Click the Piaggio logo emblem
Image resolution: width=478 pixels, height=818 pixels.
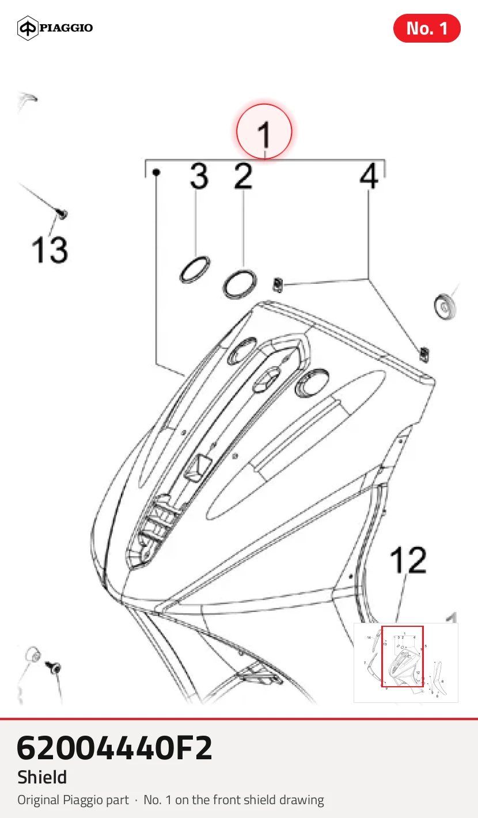point(28,28)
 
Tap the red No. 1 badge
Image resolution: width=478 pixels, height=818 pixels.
point(427,28)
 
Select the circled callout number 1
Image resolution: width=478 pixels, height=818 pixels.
point(264,131)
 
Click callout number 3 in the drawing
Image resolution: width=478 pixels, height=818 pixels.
point(199,176)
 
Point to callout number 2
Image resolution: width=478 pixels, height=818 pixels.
point(243,176)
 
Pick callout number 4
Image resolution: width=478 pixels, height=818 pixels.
point(369,176)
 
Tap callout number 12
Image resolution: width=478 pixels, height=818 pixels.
point(408,560)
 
